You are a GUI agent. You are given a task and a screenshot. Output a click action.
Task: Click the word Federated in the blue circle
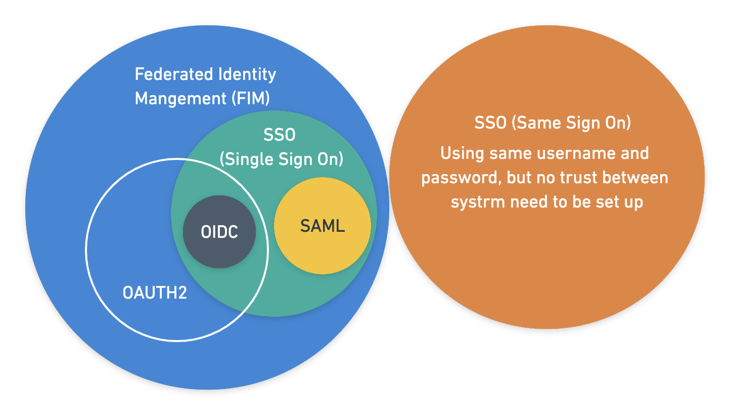(174, 74)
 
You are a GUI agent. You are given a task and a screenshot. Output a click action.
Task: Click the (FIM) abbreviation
(251, 99)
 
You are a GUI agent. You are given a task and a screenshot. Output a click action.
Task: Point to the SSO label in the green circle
(279, 135)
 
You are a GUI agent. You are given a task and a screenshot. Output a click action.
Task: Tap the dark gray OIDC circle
(219, 232)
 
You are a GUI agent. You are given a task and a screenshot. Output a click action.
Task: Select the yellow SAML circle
(323, 225)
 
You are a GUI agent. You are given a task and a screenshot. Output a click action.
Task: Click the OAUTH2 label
(155, 293)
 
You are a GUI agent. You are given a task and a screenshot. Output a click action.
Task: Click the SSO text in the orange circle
(490, 123)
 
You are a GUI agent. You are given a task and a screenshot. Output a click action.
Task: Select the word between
(635, 178)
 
